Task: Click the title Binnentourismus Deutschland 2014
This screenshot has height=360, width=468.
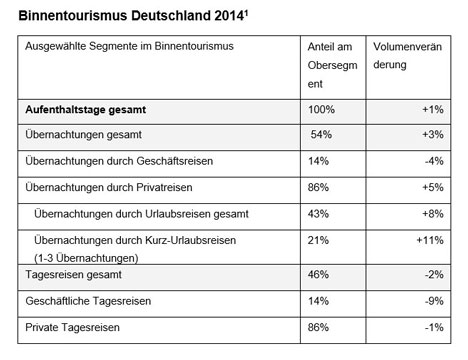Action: coord(133,16)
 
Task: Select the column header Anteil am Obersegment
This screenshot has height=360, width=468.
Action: coord(332,65)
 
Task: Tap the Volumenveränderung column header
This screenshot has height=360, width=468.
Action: coord(407,56)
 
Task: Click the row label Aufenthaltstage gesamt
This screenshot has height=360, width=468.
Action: coord(86,110)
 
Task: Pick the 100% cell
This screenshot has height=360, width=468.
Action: coord(321,109)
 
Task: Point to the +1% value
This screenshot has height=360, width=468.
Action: coord(433,109)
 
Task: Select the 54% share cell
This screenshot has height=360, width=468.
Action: coord(321,134)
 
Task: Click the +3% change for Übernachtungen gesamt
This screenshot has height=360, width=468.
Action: coord(433,134)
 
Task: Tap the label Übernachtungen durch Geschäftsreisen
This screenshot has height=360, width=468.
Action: coord(119,161)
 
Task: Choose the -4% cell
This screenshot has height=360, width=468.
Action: coord(434,161)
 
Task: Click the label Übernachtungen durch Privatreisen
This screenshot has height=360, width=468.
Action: coord(109,187)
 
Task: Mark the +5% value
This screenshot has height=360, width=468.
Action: coord(433,187)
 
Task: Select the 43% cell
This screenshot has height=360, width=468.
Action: coord(318,214)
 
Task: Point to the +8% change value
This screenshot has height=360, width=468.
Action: coord(433,214)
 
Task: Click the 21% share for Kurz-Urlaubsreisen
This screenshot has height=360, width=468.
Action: coord(318,240)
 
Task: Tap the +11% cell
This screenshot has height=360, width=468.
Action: coord(430,240)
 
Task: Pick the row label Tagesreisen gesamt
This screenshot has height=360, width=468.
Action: coord(73,275)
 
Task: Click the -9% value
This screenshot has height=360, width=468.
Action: coord(434,301)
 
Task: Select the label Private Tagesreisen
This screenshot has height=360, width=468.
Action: coord(72,327)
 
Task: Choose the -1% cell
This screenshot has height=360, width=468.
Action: coord(434,327)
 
